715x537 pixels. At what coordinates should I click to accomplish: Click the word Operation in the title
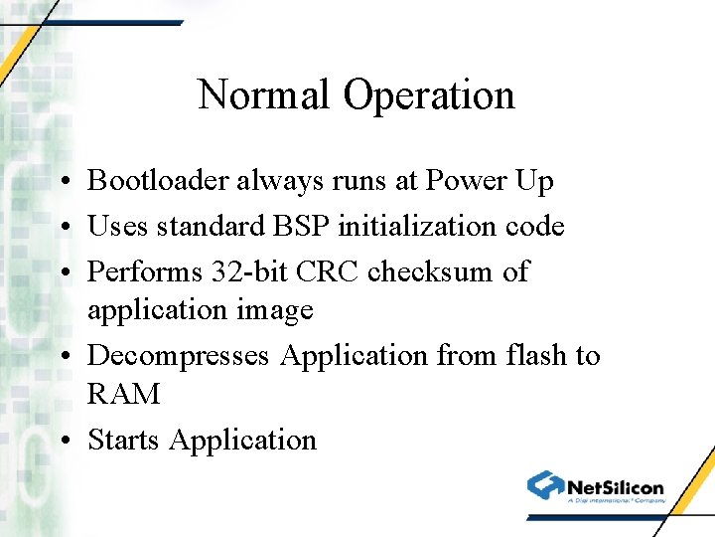coord(429,95)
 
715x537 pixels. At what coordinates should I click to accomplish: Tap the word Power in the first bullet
coord(466,181)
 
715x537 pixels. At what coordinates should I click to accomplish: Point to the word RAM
coord(123,394)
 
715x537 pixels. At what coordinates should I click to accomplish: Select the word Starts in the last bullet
coord(124,440)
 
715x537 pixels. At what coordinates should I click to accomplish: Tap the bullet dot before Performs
coord(63,272)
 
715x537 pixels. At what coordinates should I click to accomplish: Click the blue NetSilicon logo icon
coord(545,486)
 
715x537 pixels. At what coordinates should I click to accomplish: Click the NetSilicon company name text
coord(615,487)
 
